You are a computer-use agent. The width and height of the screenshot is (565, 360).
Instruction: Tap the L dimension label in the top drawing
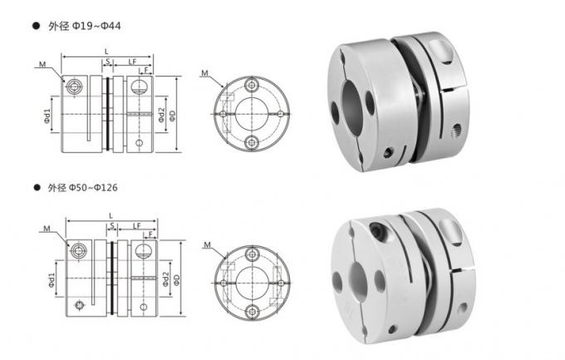click(x=106, y=52)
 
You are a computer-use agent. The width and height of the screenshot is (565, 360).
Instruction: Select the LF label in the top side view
click(x=133, y=62)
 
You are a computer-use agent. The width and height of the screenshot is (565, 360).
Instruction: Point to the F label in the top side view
click(x=147, y=72)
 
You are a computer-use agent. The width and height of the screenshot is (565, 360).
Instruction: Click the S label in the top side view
click(x=107, y=62)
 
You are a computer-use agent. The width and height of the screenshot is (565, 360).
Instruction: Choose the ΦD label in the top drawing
click(x=171, y=113)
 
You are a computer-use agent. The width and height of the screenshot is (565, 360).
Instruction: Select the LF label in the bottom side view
click(x=135, y=226)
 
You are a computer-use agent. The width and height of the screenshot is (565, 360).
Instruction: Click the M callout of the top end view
click(x=205, y=74)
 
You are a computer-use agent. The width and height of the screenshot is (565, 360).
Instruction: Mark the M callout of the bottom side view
click(x=45, y=225)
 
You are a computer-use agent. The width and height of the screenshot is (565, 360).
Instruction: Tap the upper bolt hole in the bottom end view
click(x=251, y=250)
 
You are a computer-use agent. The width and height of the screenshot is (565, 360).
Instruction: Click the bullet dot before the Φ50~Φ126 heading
click(x=37, y=189)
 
